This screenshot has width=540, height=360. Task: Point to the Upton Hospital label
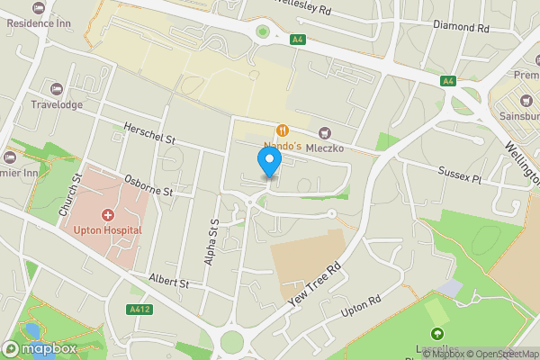point(108,230)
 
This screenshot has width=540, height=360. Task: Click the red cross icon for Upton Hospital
point(108,215)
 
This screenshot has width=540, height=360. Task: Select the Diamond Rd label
point(460,28)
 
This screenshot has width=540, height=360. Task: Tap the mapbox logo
point(40,347)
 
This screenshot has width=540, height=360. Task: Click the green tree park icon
point(438,336)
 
